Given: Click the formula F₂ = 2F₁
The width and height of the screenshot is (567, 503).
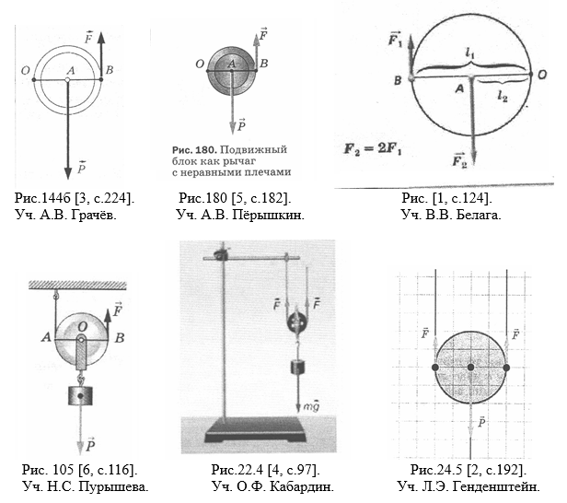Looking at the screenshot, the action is point(373,148).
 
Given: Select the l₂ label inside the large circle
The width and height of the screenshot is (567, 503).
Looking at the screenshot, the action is point(503,96).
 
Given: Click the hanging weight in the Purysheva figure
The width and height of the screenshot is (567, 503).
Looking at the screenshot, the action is point(81,395).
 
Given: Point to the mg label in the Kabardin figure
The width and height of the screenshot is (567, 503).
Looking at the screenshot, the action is point(311,406).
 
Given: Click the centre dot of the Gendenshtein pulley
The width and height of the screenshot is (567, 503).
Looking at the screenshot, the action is point(470,368).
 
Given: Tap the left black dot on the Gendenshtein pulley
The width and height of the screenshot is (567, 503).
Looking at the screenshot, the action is point(435,368).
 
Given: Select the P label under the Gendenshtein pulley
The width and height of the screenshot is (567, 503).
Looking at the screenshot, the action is point(481,422).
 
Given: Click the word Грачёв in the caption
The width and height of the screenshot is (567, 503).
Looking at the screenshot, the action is point(94,215).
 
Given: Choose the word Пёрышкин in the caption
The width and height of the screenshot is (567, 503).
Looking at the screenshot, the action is point(268,215).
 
